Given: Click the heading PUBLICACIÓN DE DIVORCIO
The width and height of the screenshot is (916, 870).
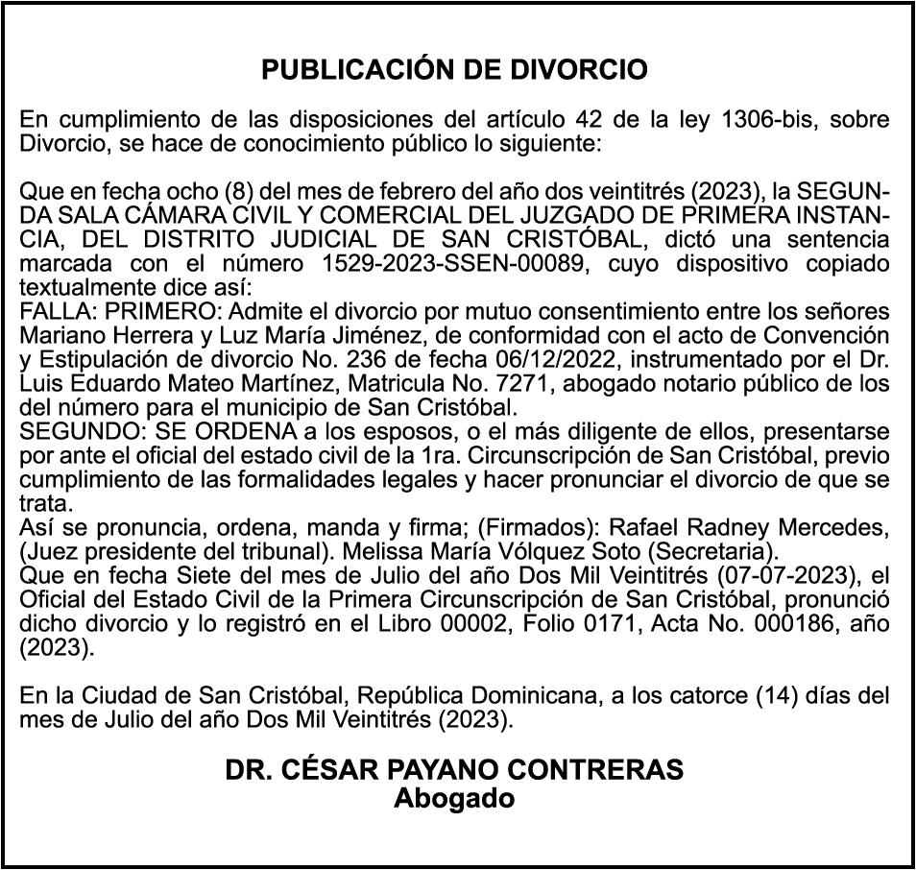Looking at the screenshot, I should point(455,70).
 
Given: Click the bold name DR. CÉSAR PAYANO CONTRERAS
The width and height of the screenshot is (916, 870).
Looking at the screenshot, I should point(455,770).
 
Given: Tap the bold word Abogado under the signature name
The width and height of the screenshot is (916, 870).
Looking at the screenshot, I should point(455,797).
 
